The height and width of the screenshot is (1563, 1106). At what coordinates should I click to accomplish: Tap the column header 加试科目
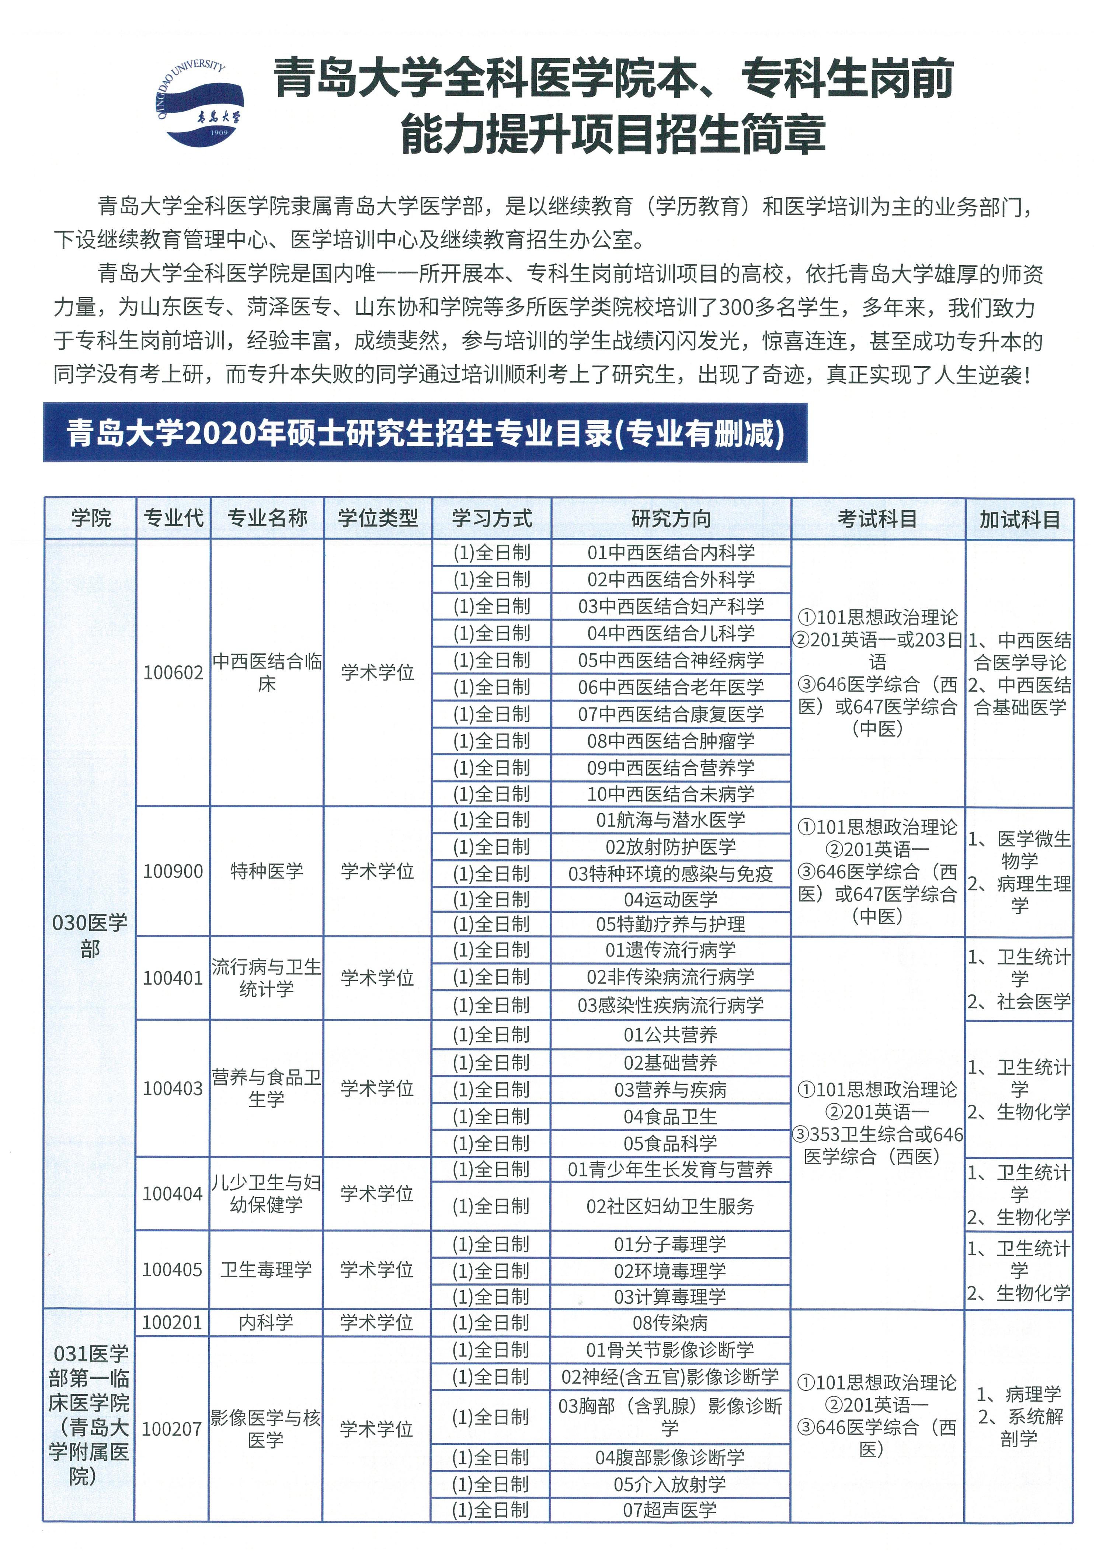click(1019, 520)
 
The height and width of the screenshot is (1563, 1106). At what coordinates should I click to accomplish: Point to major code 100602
click(173, 672)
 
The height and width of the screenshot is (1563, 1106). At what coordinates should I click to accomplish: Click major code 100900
click(173, 871)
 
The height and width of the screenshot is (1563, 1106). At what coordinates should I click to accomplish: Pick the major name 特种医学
click(266, 871)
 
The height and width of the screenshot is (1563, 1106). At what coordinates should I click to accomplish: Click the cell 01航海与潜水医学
click(671, 820)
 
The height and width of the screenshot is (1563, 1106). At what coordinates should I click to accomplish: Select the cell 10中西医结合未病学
click(671, 794)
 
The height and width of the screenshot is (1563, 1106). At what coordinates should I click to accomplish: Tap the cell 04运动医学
click(671, 900)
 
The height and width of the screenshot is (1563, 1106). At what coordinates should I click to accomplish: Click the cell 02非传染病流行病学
click(671, 978)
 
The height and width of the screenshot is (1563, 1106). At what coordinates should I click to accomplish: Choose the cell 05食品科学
click(671, 1144)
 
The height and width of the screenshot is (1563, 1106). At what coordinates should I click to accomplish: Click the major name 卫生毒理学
click(266, 1270)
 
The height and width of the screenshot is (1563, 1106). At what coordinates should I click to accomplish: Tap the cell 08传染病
click(671, 1323)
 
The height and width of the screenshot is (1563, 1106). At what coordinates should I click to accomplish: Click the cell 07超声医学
click(671, 1510)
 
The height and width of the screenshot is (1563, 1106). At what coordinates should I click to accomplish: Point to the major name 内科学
click(266, 1323)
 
